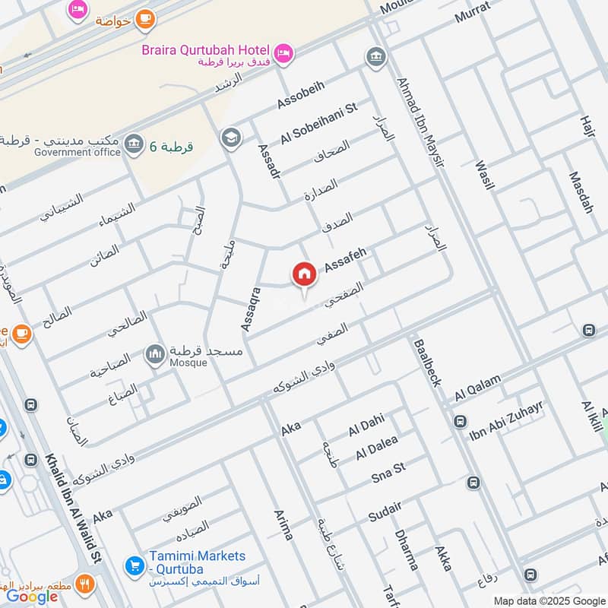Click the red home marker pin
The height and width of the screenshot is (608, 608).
[304, 275]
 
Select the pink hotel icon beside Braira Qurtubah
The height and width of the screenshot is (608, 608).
[283, 52]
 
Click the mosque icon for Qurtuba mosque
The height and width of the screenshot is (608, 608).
[156, 354]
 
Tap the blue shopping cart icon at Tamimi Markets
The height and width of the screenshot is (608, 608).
[135, 565]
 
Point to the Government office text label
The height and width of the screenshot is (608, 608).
[77, 152]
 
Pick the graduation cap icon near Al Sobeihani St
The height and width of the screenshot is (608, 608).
[229, 138]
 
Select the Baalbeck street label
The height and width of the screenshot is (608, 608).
[427, 363]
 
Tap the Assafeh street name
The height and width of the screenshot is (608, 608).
[346, 261]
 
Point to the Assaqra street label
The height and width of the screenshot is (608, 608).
[251, 308]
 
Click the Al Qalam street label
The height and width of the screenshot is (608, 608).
[478, 388]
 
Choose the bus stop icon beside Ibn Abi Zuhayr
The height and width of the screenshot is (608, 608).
[460, 421]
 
